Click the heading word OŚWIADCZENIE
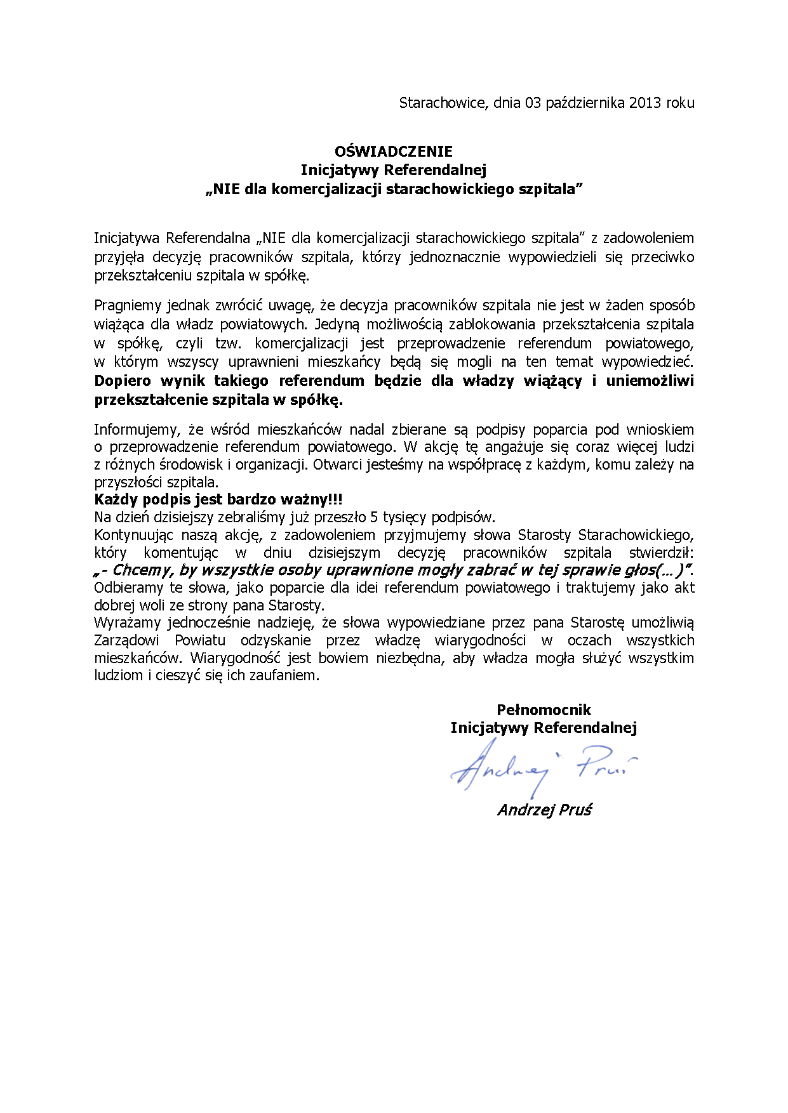[x=394, y=152]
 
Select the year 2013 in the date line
[x=646, y=103]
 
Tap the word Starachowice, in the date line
[x=443, y=103]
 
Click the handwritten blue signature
[x=540, y=768]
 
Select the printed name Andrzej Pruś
[x=544, y=810]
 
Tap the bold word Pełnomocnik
[x=544, y=710]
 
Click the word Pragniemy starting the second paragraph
[x=128, y=306]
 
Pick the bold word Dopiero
[x=123, y=381]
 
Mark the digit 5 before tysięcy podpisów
[x=375, y=517]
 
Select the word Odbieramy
[x=128, y=588]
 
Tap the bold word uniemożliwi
[x=650, y=381]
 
